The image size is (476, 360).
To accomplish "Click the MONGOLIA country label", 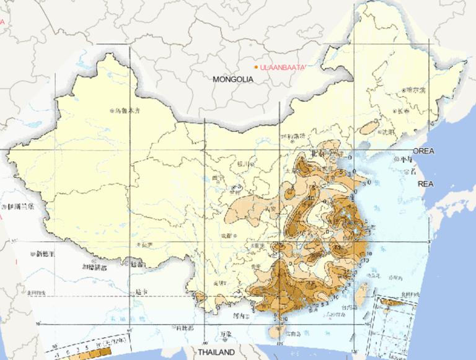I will click(233, 79).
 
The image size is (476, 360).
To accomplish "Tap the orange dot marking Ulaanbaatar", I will click(256, 67).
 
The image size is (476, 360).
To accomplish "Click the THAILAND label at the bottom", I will click(216, 352).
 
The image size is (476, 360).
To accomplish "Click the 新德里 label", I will click(45, 254).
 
